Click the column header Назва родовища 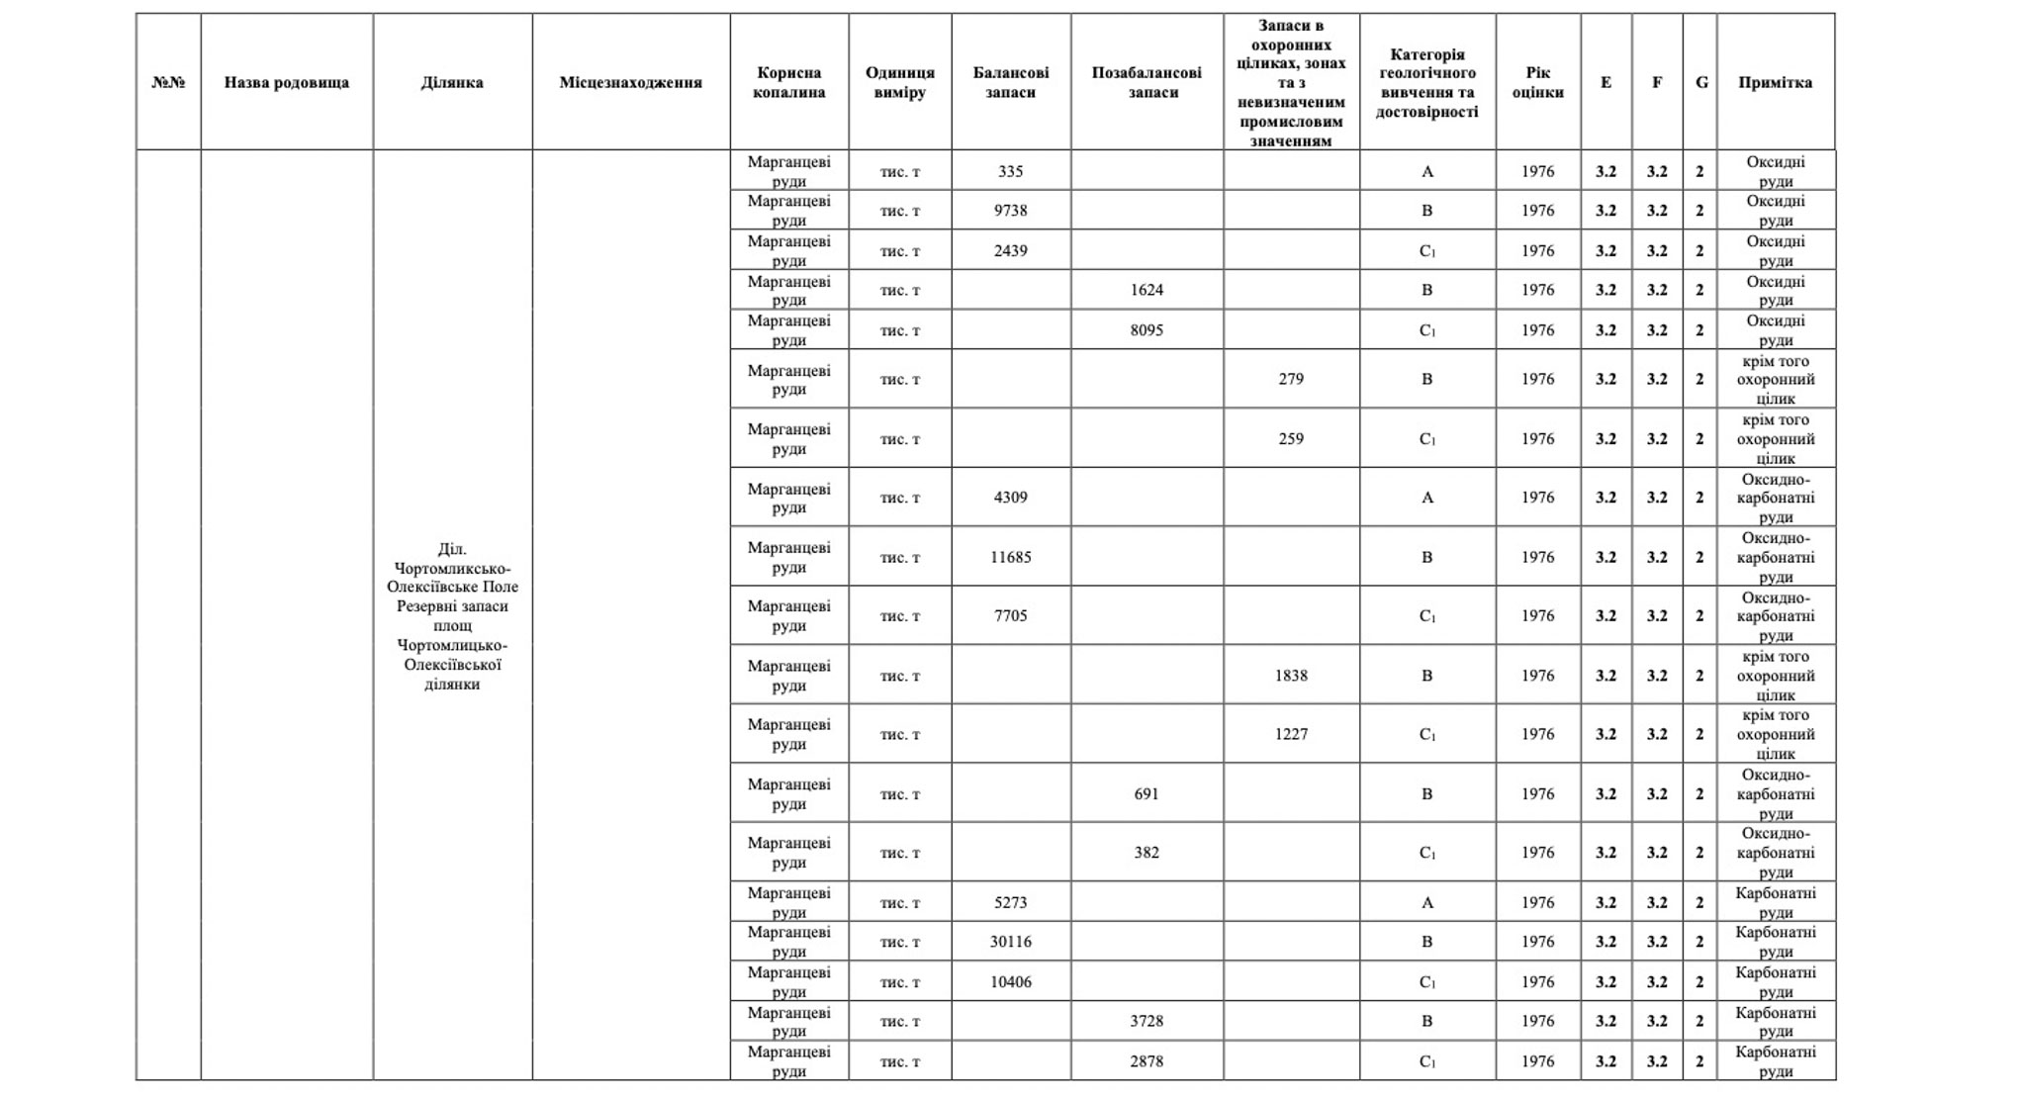[x=286, y=82]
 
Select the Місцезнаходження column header [x=630, y=82]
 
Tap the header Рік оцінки [x=1537, y=82]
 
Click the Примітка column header [x=1775, y=82]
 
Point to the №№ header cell [x=168, y=82]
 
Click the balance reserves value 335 [x=1010, y=171]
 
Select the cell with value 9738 [x=1010, y=211]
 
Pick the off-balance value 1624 [x=1147, y=290]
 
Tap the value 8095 [x=1147, y=330]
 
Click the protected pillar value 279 [x=1291, y=379]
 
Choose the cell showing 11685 [x=1010, y=557]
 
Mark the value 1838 [x=1291, y=676]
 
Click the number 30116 [x=1010, y=942]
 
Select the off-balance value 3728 [x=1147, y=1021]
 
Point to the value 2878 [x=1147, y=1061]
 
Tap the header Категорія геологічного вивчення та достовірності [x=1426, y=82]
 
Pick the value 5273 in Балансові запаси [x=1010, y=902]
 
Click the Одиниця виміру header [x=899, y=82]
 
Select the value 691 [x=1147, y=793]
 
